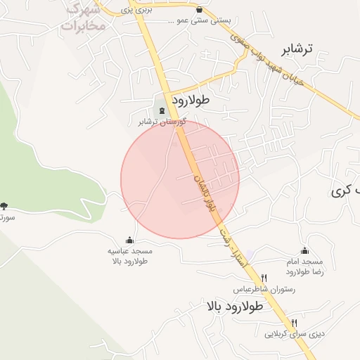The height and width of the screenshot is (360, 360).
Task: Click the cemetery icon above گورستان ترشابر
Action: pos(163,110)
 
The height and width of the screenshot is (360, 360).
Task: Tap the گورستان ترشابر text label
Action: pos(162,122)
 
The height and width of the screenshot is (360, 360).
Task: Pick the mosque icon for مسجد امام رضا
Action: pos(304,250)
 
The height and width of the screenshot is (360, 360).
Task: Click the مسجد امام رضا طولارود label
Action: pos(304,266)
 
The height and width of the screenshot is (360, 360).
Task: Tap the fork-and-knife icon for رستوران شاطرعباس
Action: pos(264,278)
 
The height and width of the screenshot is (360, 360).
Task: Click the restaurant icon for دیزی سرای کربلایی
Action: pos(303,322)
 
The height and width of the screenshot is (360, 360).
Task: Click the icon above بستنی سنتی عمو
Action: pos(200,10)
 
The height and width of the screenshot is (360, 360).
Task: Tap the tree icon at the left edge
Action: pos(4,206)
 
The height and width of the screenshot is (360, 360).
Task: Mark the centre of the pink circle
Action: pos(180,179)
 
